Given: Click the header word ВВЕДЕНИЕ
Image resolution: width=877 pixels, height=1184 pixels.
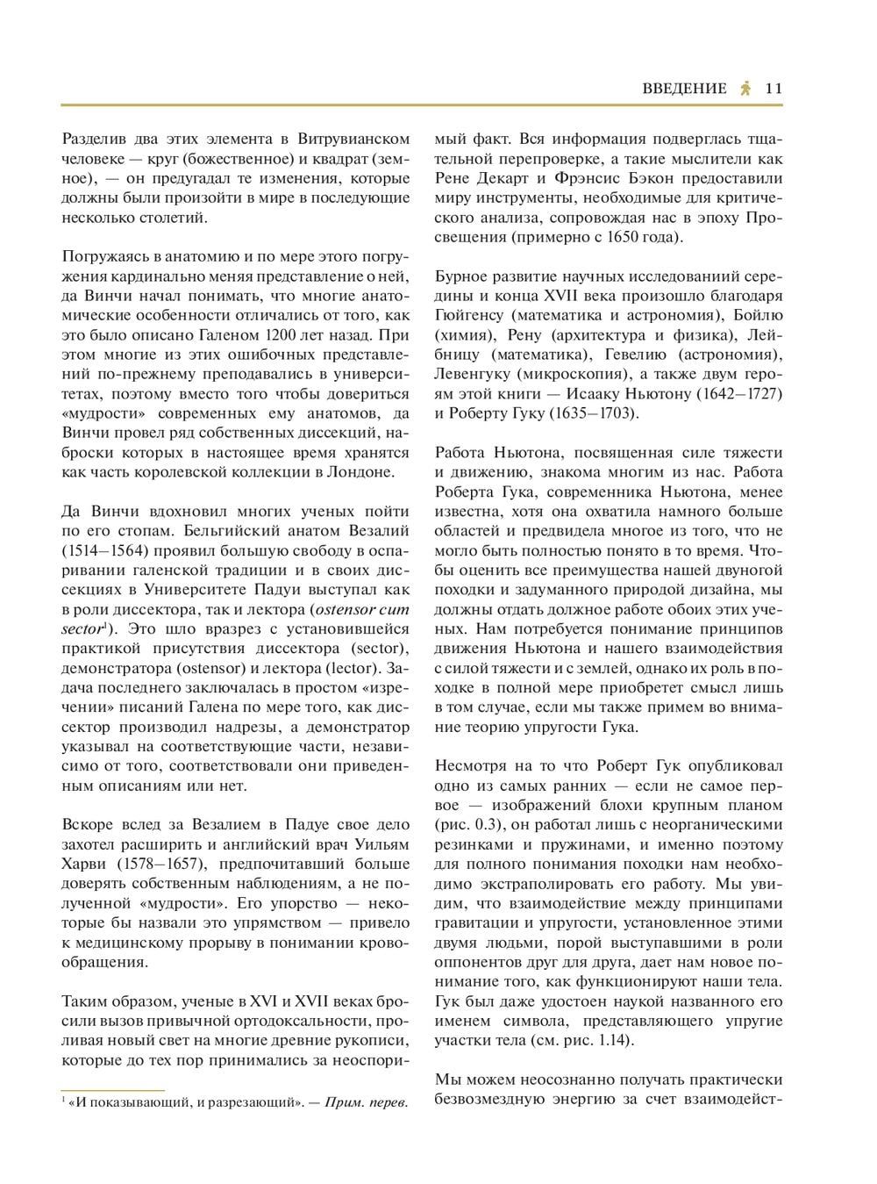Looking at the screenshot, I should coord(684,88).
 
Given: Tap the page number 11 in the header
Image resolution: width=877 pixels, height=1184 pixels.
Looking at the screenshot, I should coord(774,88).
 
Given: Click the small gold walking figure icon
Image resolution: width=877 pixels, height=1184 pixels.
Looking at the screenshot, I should coord(745,88).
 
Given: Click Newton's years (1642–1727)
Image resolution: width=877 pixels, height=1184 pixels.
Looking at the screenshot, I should coord(739,394).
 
